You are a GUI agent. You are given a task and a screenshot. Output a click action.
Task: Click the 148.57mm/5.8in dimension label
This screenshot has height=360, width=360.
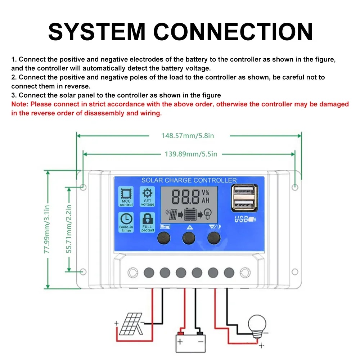coord(188,136)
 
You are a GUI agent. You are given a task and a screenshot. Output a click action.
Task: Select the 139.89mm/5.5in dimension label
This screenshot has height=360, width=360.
coord(191,154)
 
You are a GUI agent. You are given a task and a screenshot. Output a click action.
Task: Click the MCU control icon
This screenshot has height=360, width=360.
coord(126,193)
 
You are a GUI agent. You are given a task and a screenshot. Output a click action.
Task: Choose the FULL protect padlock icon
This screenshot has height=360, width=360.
coord(148,218)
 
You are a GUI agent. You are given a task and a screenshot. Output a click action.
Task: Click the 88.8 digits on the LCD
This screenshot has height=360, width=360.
coord(186,197)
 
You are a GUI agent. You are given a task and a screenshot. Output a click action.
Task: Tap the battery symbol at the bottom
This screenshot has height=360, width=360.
coord(190,341)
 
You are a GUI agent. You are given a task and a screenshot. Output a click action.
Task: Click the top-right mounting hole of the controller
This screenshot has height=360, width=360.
coord(294,187)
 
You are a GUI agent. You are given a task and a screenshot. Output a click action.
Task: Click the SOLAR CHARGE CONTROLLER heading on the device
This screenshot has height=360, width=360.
coord(189,180)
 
